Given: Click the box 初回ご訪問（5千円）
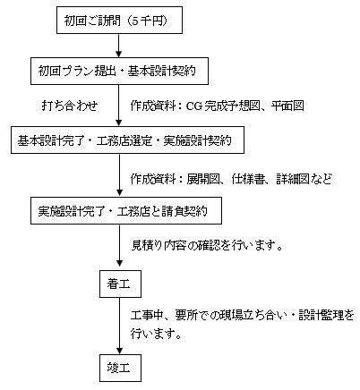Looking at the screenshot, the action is coord(119,20).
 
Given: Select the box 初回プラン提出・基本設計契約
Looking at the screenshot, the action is coord(119,71).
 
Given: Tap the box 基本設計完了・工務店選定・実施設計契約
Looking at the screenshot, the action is coord(127,140).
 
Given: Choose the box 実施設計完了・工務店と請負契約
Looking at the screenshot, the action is coord(126,210).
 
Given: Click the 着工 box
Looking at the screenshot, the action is coord(120,284).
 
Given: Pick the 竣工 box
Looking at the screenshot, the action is coord(120,369).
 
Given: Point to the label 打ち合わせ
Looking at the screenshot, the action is coord(70,106).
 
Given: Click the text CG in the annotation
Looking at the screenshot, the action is coord(194,106).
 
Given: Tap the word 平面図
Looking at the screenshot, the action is coord(287,106).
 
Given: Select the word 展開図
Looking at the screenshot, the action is coord(203,179).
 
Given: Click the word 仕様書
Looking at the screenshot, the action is coord(248,179).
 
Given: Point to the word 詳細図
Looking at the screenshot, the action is coord(293,179).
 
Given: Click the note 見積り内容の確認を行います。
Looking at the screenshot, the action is coord(207,246).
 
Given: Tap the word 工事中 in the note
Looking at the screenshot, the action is coord(148,316).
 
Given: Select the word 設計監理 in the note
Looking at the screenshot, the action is coord(321,316).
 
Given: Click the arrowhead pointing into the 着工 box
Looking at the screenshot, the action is coord(119,263).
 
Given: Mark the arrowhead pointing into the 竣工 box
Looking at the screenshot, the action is coord(119,351).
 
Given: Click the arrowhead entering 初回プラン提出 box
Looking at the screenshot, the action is coord(119,54).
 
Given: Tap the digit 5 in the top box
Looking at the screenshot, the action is coord(135,21).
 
